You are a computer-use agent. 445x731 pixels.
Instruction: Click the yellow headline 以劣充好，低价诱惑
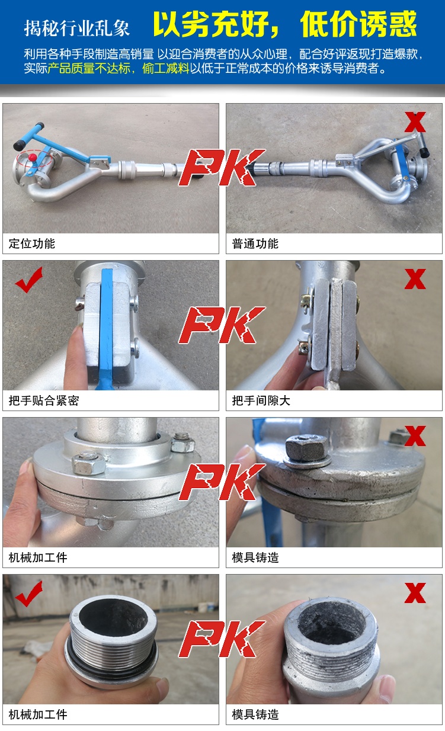pos(285,24)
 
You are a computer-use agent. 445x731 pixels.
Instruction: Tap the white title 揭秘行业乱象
pos(76,28)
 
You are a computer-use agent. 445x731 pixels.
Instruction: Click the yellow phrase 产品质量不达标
pos(89,68)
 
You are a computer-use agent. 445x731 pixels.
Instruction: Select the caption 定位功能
pos(31,243)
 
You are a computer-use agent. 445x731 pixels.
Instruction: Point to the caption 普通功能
pos(255,243)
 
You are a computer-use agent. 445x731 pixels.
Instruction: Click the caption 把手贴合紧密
pos(44,400)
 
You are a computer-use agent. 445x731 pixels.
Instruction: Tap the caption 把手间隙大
pos(261,400)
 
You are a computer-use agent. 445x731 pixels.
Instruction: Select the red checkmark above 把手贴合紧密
pos(28,280)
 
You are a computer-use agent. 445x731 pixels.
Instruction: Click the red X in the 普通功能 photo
pos(415,121)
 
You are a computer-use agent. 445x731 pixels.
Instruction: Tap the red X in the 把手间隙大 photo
pos(415,279)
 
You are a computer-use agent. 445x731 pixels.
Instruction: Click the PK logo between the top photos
pos(222,168)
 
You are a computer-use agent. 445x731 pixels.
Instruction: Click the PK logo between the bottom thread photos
pos(222,639)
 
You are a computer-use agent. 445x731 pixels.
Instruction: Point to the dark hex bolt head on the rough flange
pos(306,447)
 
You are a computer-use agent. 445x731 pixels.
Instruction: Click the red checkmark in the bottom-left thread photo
pos(28,594)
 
